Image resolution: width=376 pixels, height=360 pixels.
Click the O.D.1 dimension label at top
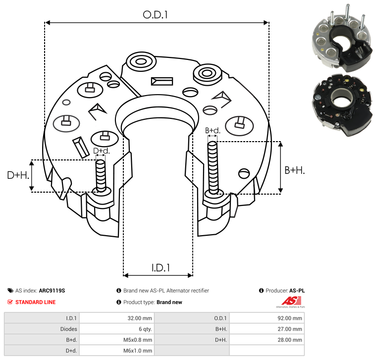click(x=156, y=15)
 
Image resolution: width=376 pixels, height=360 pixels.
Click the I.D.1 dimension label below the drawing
click(x=161, y=267)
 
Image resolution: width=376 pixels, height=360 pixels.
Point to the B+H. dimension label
click(x=294, y=170)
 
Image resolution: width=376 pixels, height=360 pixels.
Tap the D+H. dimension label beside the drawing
click(x=18, y=175)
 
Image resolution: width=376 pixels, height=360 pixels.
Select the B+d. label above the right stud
click(x=212, y=131)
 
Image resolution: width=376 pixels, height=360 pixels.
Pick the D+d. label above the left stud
click(x=101, y=151)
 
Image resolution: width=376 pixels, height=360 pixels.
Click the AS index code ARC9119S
click(x=52, y=291)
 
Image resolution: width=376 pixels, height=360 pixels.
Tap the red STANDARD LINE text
click(x=35, y=302)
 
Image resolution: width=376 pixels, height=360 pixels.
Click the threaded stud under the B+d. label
click(x=213, y=167)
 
